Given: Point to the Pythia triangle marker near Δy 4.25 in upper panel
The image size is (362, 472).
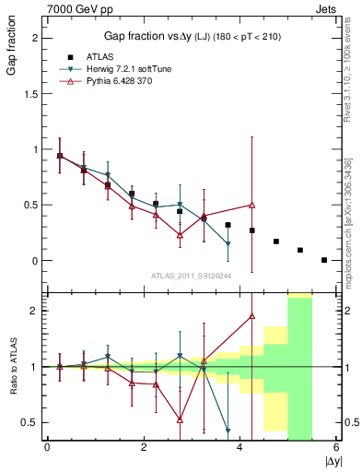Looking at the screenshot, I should pyautogui.click(x=251, y=205).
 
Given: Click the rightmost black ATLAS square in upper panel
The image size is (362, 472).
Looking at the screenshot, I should pyautogui.click(x=324, y=260).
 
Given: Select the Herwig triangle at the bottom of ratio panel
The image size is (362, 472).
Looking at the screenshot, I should pyautogui.click(x=228, y=430).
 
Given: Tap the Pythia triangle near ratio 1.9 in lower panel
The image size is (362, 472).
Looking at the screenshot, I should pyautogui.click(x=251, y=316).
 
